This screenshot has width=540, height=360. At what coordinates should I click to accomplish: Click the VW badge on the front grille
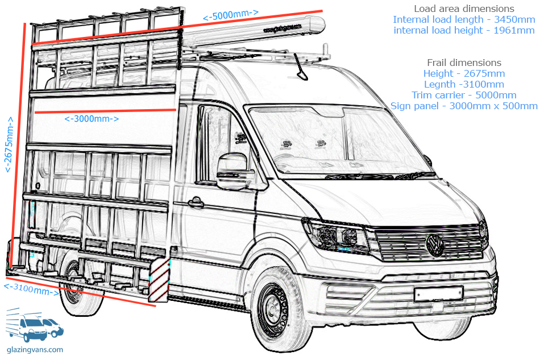click(435, 245)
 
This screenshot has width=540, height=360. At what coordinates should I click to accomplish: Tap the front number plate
click(439, 294)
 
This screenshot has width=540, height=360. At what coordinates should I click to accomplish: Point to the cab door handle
click(195, 202)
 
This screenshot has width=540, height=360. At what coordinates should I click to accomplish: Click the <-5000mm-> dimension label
click(230, 15)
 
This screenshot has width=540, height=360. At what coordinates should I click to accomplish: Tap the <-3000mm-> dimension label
click(92, 119)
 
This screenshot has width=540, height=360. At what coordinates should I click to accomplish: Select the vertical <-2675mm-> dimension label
click(9, 144)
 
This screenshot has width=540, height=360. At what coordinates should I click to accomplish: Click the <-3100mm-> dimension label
click(31, 289)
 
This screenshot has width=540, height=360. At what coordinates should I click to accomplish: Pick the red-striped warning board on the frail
click(159, 280)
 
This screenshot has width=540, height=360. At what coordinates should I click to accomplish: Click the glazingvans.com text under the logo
click(35, 350)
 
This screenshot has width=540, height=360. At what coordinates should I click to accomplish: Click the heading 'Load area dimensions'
click(464, 9)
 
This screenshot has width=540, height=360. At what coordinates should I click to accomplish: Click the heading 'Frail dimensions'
click(464, 63)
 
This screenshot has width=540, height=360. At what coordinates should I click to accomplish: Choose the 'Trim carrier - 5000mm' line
click(464, 95)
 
